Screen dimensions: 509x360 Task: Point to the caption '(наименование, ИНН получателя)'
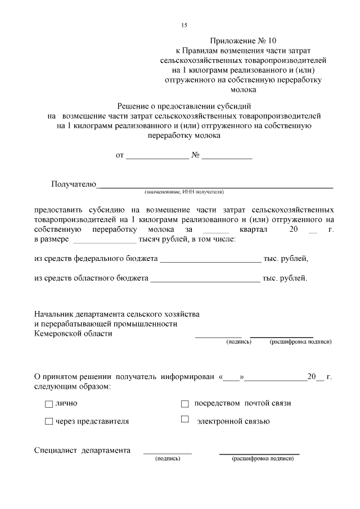184,192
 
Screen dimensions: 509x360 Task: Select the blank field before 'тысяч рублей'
105,240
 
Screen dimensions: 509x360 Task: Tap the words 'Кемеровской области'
73,334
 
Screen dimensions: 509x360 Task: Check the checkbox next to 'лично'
48,404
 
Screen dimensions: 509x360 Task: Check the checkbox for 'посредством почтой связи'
184,404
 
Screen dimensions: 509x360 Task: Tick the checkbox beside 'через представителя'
48,421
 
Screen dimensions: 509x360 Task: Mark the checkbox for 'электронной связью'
184,420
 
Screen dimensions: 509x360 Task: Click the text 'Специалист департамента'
82,451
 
